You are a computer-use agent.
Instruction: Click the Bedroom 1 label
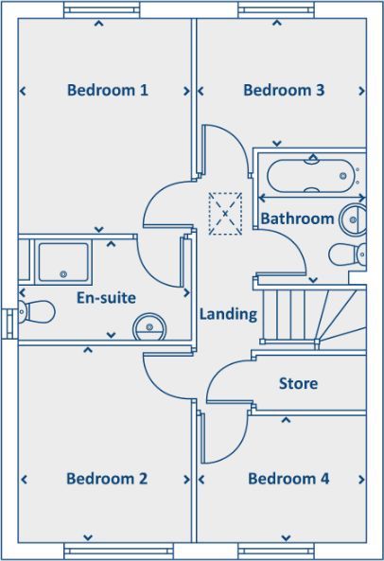pos(108,90)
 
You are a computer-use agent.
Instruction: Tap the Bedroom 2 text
pos(107,479)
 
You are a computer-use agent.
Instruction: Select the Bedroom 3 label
pos(284,90)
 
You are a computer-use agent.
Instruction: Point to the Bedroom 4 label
pos(288,479)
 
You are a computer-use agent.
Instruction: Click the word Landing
pos(228,314)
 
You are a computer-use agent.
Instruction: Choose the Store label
pos(298,383)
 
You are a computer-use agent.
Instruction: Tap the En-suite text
pos(106,298)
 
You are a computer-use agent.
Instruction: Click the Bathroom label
pos(297,219)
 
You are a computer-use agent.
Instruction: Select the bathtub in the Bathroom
pos(311,176)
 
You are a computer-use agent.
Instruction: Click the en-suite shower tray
pos(63,262)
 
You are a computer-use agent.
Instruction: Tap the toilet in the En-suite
pos(37,311)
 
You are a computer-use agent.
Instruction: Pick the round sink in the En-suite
pos(149,327)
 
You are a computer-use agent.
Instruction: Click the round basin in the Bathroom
pos(353,219)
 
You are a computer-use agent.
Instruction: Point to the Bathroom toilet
pos(347,254)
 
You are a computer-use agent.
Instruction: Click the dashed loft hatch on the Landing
pos(225,214)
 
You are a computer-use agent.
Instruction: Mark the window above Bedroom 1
pos(102,10)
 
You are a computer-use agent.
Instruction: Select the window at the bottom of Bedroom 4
pos(276,551)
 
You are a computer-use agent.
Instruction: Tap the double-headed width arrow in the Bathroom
pos(312,198)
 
